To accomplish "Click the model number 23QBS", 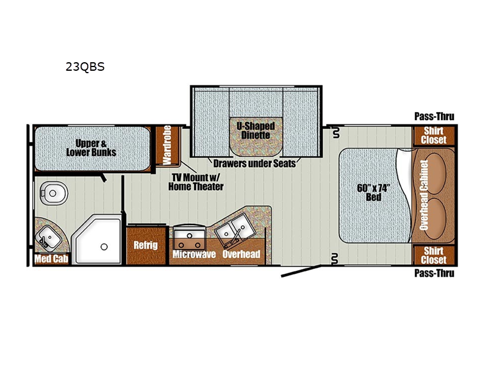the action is coord(85,67).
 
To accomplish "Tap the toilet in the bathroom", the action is coord(54,193).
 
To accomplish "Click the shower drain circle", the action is coord(104,247).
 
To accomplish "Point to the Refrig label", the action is coord(146,245).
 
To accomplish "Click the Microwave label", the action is coord(194,254).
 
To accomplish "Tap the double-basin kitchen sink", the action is coord(235,230).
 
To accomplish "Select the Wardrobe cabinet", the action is coord(167,145).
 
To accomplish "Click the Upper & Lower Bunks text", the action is coord(91,148).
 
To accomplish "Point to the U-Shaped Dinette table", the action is coord(256,137).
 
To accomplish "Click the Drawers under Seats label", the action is coord(254,163).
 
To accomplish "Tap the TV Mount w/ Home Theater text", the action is coord(196,182).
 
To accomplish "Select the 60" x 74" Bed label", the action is coord(373,193).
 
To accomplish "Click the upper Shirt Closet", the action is coord(434,135).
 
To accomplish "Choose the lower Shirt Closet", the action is coord(434,255).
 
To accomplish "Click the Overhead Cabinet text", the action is coord(424,195).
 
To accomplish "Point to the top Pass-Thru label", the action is coord(434,117).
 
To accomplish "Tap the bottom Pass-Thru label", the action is coord(434,273).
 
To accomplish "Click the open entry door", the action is coord(301,271).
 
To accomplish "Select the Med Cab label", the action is coord(51,259).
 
